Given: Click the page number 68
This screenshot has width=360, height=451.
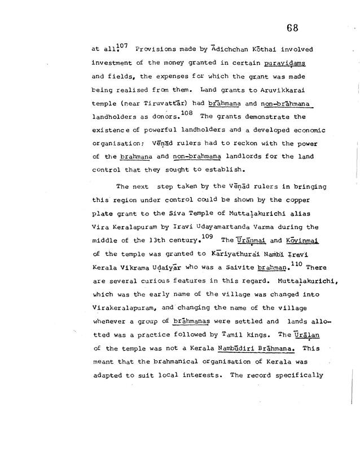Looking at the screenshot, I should pos(292,28).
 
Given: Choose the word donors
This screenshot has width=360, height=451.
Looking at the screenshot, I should pos(162,117).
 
